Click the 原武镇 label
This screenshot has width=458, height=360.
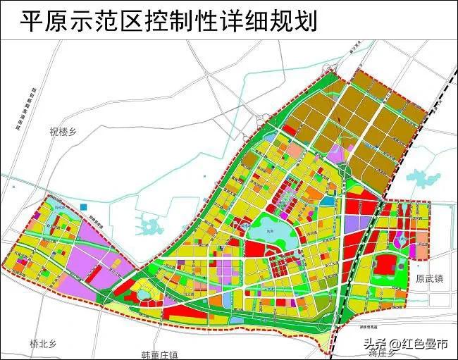point(430,279)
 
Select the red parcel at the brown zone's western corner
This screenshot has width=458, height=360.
point(289,130)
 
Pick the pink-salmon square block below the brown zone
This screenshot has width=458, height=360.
point(293,151)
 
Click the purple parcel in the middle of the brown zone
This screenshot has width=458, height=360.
point(337,154)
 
